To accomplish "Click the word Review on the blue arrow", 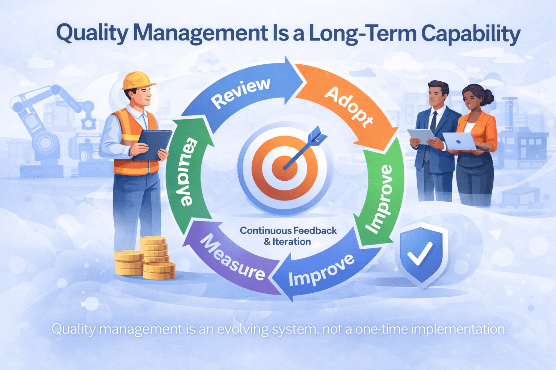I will click(241, 93).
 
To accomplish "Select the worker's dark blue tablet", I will click(152, 145).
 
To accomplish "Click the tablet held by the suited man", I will click(422, 137).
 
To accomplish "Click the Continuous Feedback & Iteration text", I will click(288, 236).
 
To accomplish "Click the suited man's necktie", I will click(432, 121).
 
